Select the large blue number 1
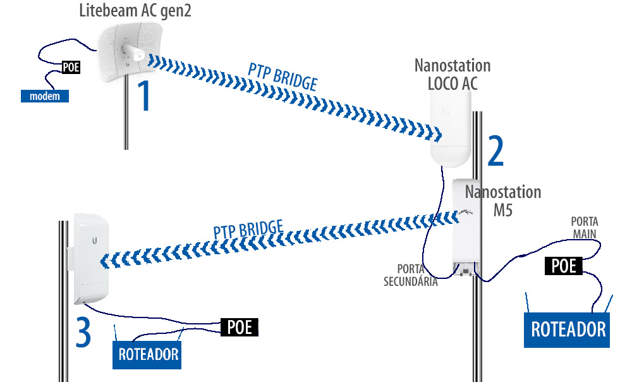pyautogui.click(x=145, y=95)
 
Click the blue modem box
pyautogui.click(x=44, y=96)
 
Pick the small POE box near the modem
pyautogui.click(x=71, y=66)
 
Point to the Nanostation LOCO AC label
pyautogui.click(x=452, y=73)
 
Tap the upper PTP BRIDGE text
pyautogui.click(x=282, y=77)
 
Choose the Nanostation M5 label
pyautogui.click(x=503, y=200)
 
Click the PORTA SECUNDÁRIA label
pyautogui.click(x=411, y=276)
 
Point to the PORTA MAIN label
pyautogui.click(x=585, y=228)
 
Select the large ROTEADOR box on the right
pyautogui.click(x=568, y=329)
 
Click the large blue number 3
pyautogui.click(x=84, y=332)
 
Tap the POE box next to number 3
pyautogui.click(x=240, y=327)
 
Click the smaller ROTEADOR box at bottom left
pyautogui.click(x=149, y=355)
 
